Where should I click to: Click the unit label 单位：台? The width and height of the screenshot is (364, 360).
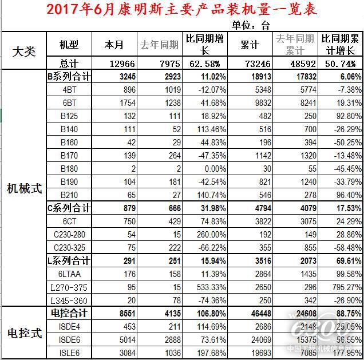(x=250, y=25)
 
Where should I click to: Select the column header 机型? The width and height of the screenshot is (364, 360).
(x=69, y=45)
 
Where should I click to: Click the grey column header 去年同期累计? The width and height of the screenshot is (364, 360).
(x=295, y=45)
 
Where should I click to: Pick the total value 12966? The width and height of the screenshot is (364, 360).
(x=121, y=63)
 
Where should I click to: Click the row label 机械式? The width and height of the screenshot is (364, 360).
(x=24, y=189)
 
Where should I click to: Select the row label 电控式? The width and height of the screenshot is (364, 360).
(x=24, y=333)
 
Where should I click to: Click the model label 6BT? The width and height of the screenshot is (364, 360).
(x=69, y=102)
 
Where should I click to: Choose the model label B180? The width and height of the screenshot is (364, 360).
(x=69, y=168)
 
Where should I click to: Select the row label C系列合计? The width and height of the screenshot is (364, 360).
(x=68, y=208)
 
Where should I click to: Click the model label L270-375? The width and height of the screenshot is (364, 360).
(x=69, y=287)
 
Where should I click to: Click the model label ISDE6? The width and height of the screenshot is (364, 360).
(x=69, y=339)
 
